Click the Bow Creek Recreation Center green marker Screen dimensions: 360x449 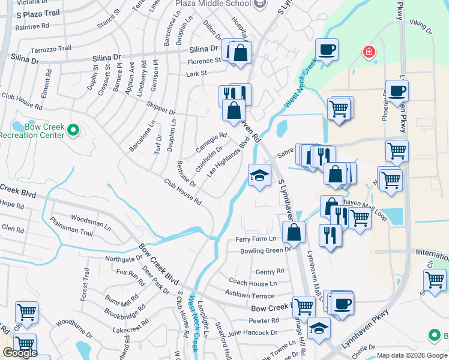click(x=73, y=129)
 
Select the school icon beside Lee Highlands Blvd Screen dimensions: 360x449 click(x=260, y=175)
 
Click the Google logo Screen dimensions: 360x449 click(x=20, y=353)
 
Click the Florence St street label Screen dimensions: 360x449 click(x=204, y=61)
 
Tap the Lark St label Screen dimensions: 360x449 click(x=196, y=73)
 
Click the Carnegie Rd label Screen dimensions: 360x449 click(x=211, y=142)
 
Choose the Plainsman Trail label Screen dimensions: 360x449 click(x=71, y=232)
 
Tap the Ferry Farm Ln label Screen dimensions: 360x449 click(x=255, y=239)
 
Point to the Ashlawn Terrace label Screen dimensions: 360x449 click(x=249, y=295)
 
